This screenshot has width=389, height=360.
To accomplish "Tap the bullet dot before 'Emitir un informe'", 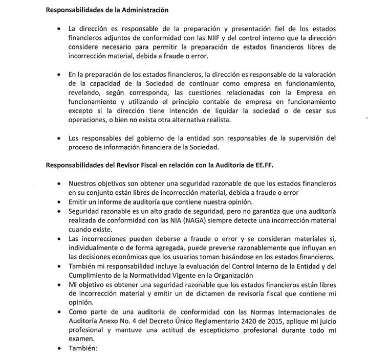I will (x=62, y=203).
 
